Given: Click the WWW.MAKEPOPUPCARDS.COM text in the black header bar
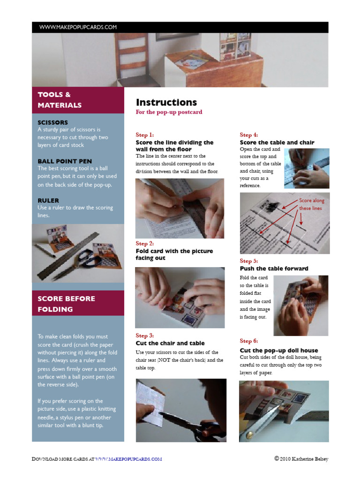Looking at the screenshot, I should [x=78, y=27].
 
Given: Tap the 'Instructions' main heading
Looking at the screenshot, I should [x=166, y=102].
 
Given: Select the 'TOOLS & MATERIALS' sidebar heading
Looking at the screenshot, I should [x=60, y=100].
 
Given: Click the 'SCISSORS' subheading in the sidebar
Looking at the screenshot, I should [x=52, y=122].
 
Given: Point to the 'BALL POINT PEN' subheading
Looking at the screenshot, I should [x=65, y=161].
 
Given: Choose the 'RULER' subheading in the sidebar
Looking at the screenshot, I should [x=48, y=200].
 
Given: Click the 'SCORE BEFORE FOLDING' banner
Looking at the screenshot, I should [x=66, y=304].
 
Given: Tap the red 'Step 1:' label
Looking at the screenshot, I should [x=145, y=135].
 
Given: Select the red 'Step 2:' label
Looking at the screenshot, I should [x=145, y=243].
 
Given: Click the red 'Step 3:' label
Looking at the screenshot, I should [x=145, y=336].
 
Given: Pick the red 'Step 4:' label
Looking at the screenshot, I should [x=249, y=135].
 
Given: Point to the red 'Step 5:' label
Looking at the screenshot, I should [x=249, y=261].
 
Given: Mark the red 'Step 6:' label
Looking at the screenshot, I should [x=249, y=341].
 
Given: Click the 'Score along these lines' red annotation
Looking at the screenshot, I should [x=311, y=204].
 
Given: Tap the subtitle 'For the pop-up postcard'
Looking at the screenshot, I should [x=169, y=112].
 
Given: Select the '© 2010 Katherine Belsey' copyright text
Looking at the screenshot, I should [x=301, y=459].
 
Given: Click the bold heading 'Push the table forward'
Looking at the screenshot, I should [x=274, y=269].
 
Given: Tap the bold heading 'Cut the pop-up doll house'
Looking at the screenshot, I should [x=279, y=350].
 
